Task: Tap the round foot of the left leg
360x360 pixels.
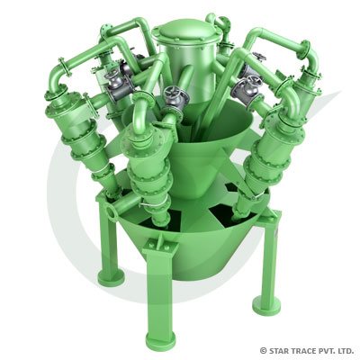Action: [111, 276]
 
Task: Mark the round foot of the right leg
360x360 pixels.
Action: [266, 303]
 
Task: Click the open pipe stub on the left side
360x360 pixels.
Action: [110, 211]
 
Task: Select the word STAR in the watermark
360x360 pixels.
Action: [281, 350]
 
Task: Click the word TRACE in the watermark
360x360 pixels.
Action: [304, 350]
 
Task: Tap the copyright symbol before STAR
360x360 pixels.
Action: [264, 350]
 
